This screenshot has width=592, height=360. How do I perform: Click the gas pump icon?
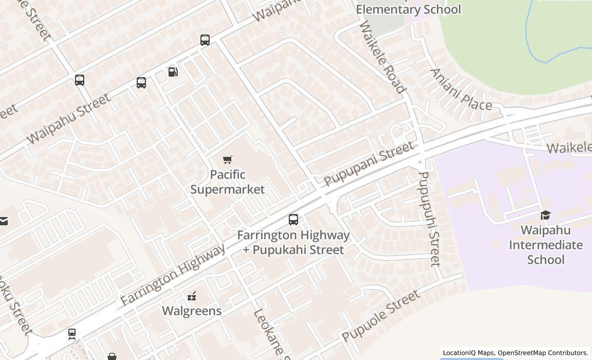point(173,72)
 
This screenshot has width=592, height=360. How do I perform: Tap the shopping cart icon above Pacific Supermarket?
point(228,159)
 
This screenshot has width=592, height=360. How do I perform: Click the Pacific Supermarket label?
point(228,182)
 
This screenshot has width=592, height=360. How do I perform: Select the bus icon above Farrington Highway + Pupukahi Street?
point(293,220)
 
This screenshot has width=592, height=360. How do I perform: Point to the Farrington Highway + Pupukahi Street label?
point(293,242)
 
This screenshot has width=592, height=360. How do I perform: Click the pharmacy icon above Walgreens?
point(192,296)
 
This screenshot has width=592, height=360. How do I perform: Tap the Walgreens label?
point(192,311)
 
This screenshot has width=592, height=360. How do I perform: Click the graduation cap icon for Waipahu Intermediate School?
point(545,214)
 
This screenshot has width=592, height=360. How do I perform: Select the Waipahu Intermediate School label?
point(546,245)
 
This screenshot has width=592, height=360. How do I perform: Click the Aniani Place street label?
point(460,90)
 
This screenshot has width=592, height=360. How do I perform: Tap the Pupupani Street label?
point(368,164)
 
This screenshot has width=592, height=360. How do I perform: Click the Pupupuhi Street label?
point(429,219)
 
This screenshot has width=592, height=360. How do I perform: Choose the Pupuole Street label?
point(381,316)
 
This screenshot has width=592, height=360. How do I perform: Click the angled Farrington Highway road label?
point(173,275)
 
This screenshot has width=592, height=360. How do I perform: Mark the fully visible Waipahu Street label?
point(68,119)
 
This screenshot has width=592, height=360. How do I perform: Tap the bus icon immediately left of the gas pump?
point(141,82)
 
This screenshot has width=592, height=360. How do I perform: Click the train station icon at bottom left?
point(72,334)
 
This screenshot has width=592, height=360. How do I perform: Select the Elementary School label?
point(408,9)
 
